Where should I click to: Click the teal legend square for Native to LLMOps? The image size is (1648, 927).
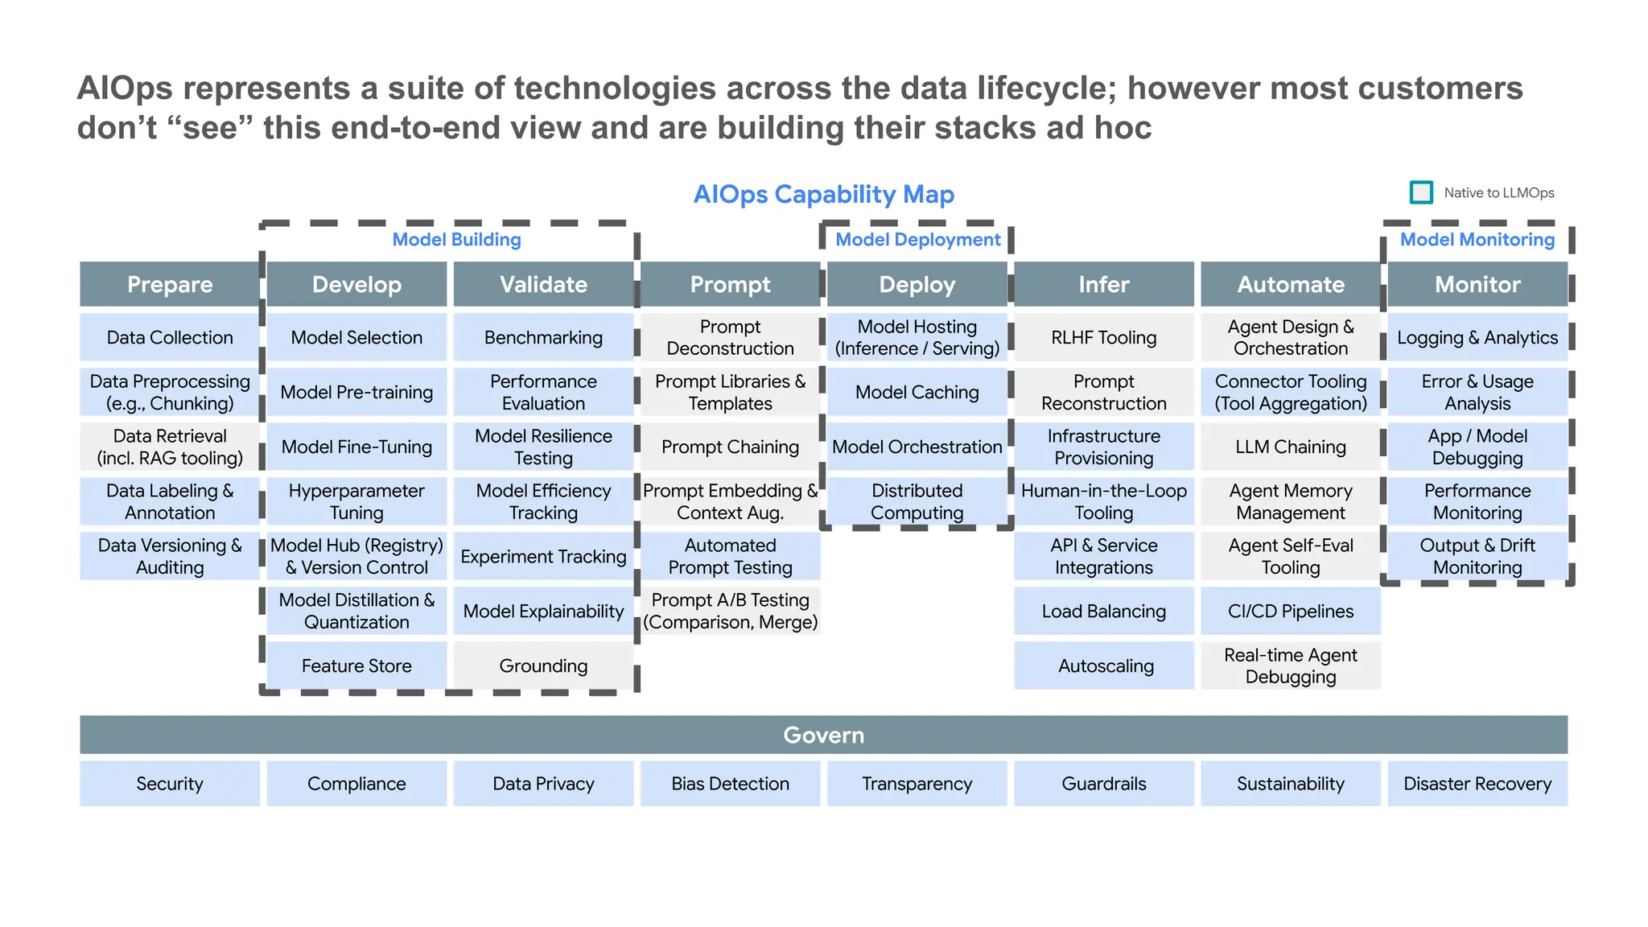click(1421, 192)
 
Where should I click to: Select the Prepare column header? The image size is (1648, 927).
click(170, 284)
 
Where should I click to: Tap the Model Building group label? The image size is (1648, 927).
click(456, 240)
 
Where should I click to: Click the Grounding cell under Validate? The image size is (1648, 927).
click(543, 665)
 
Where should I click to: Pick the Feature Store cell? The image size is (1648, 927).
click(356, 665)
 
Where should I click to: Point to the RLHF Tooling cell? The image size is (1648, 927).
click(1103, 338)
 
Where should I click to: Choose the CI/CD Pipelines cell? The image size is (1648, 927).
click(1290, 612)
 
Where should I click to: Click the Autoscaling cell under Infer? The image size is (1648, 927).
click(1105, 665)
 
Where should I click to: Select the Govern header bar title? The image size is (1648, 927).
click(823, 735)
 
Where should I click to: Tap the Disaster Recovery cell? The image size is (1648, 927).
click(1477, 784)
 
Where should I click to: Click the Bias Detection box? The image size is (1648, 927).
click(730, 784)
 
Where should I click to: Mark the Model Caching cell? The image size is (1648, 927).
click(917, 392)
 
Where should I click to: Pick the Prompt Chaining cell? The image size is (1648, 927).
click(730, 447)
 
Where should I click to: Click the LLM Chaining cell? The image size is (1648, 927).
click(1290, 447)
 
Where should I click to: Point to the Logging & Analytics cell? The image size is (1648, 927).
click(1477, 338)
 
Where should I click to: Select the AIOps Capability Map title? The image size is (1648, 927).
click(823, 194)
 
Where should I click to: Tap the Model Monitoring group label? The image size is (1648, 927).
click(1477, 240)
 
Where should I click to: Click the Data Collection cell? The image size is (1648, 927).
click(170, 338)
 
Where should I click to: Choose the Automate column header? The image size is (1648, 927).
click(1290, 284)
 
